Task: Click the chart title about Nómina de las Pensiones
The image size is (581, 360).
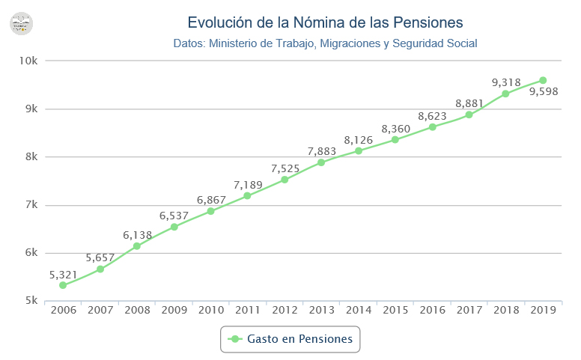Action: click(x=325, y=22)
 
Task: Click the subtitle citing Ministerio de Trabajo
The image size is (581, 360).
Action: click(x=325, y=43)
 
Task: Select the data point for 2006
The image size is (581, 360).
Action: click(x=63, y=285)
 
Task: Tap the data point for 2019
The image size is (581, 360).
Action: click(x=543, y=80)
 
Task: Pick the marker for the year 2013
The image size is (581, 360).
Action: click(x=321, y=162)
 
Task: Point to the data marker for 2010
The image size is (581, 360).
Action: click(x=210, y=211)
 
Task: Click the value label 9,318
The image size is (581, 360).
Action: click(x=506, y=82)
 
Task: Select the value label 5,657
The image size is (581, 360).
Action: click(x=100, y=257)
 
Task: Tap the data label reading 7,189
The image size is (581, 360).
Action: click(x=247, y=184)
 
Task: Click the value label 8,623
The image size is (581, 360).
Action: click(x=432, y=116)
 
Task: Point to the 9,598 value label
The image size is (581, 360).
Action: click(x=543, y=92)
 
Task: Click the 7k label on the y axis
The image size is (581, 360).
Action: click(x=31, y=205)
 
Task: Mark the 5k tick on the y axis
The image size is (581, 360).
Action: click(x=31, y=301)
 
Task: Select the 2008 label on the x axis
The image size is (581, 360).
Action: click(x=137, y=310)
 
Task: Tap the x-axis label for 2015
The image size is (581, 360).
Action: click(x=395, y=310)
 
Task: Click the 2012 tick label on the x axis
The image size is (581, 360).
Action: click(x=285, y=310)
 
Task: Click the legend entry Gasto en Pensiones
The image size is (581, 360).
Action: click(x=290, y=339)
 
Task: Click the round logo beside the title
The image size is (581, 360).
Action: click(x=22, y=22)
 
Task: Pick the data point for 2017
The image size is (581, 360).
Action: click(x=469, y=115)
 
